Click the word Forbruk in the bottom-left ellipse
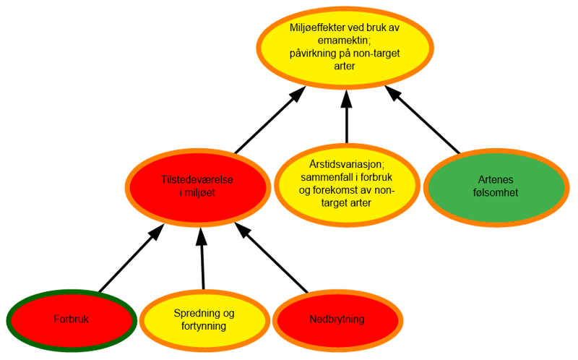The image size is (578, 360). tap(72, 320)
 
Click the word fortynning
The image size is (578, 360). tap(204, 326)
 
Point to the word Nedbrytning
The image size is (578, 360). tap(337, 320)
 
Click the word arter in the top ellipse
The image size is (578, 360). tap(345, 67)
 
